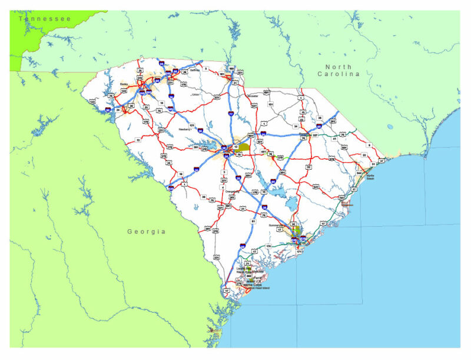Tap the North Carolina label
click(x=339, y=71)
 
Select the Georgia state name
click(x=147, y=232)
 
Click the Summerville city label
click(x=277, y=225)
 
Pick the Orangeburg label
click(x=234, y=191)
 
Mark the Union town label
click(x=195, y=94)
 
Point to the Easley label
click(x=124, y=84)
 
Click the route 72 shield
click(x=138, y=140)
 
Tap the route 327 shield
click(x=315, y=136)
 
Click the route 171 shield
click(x=299, y=252)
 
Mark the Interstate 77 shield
click(x=231, y=113)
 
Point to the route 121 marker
click(x=191, y=125)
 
